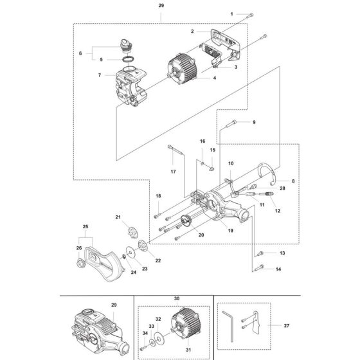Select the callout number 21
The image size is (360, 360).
[118, 218]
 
